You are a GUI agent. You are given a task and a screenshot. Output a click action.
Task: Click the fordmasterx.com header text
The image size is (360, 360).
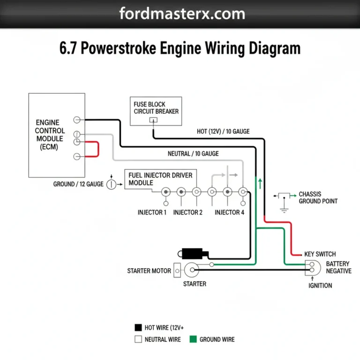pos(182,14)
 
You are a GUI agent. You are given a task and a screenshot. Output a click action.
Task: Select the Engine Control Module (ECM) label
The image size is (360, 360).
pos(50,135)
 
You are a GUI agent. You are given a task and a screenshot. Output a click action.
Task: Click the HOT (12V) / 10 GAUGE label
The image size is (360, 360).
pos(223,132)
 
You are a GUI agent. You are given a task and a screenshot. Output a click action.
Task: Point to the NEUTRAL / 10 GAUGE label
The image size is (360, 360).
pos(193,154)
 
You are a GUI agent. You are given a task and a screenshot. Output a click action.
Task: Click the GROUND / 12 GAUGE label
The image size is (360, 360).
pos(78,184)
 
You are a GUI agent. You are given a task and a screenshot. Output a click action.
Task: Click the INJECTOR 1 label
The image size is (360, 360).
pos(152,212)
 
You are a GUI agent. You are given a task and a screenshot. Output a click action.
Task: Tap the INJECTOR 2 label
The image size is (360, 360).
pos(187,212)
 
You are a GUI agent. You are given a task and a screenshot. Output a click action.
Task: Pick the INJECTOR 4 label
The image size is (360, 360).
pos(229,212)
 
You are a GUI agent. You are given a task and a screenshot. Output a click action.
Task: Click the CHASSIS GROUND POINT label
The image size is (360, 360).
pos(318,197)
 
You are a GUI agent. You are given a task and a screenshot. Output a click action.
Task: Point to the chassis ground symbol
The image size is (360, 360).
pos(284,202)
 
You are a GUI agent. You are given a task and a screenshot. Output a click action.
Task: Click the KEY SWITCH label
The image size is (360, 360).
pos(320,254)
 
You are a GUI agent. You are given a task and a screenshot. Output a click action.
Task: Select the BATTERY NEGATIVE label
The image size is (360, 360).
pos(338,268)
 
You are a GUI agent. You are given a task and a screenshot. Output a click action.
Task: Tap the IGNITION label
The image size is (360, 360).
pos(320,285)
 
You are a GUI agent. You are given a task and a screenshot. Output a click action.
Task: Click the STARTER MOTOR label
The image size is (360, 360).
pos(146,271)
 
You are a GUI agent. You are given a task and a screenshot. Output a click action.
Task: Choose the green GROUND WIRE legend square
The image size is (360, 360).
pos(192,339)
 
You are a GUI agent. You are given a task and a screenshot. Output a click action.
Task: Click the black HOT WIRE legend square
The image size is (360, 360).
pos(138,328)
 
